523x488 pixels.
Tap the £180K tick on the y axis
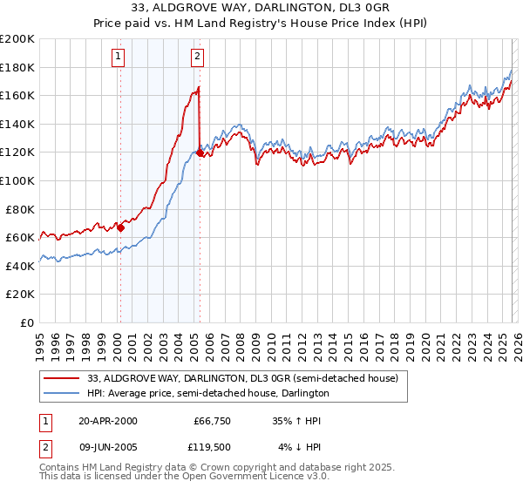(x=18, y=67)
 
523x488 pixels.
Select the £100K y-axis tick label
(x=18, y=180)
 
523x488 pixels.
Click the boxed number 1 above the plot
(x=119, y=58)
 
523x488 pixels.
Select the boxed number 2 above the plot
(x=198, y=58)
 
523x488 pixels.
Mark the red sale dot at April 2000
(x=120, y=228)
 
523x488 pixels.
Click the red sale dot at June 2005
(x=200, y=153)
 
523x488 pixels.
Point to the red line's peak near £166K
(x=199, y=87)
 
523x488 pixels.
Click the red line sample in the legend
(x=62, y=378)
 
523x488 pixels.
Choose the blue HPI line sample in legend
(x=62, y=393)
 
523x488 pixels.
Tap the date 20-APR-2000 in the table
(x=108, y=421)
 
